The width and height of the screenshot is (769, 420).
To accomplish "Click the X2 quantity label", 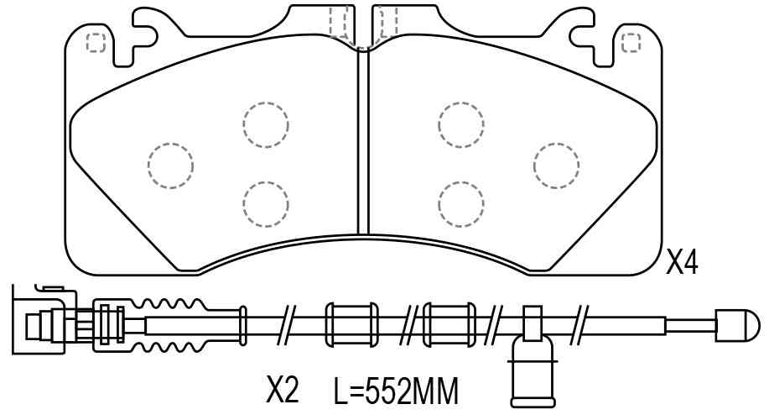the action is click(x=282, y=390).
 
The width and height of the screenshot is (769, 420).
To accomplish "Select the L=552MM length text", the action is click(x=397, y=391).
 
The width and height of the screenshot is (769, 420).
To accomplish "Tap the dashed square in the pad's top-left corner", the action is click(x=96, y=43).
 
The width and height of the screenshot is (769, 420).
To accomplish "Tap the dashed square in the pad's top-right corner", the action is click(x=631, y=43).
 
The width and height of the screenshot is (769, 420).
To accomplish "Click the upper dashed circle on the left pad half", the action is click(x=265, y=125).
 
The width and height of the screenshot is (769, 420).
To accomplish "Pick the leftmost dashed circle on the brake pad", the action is click(x=170, y=165).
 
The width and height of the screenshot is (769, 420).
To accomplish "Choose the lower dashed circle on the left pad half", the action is click(x=265, y=204).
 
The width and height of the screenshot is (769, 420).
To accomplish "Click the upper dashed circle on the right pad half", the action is click(x=461, y=125).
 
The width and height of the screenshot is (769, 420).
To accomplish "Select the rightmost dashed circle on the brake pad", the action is click(x=556, y=165).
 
